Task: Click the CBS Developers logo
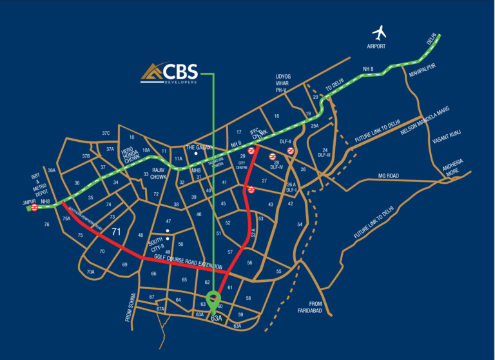(x=170, y=74)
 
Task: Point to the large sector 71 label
(x=117, y=232)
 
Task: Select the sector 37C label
(x=106, y=134)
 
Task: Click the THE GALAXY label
(x=199, y=147)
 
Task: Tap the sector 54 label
(x=300, y=224)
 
